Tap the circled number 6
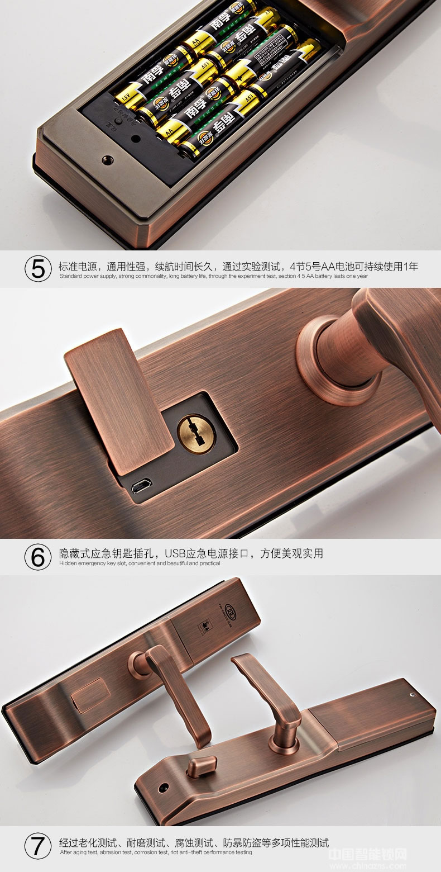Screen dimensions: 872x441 pos(38,557)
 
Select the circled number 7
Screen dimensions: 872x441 pos(38,846)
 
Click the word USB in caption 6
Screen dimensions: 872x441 pos(175,553)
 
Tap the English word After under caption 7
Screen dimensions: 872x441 pos(66,852)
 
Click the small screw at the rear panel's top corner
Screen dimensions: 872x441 pos(411,696)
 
